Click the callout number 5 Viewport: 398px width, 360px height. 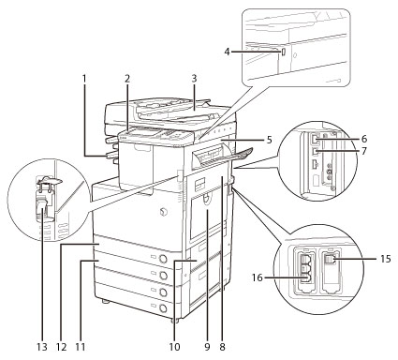coord(269,140)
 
